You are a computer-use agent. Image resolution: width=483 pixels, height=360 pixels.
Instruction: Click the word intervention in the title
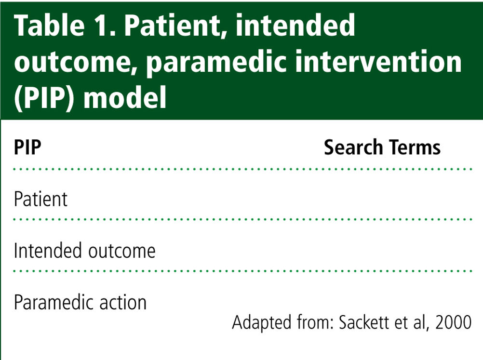point(378,61)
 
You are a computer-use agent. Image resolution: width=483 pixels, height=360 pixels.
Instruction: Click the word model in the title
point(125,97)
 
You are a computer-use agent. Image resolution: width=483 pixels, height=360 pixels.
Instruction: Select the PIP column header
point(27,147)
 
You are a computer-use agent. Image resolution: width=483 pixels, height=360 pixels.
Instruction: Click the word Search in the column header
point(353,147)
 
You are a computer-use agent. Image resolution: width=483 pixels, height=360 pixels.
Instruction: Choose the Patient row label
point(40,199)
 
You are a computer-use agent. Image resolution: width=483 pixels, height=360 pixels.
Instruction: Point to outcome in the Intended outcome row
point(122,251)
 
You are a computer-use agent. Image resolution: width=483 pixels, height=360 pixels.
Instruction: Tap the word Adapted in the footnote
point(262,323)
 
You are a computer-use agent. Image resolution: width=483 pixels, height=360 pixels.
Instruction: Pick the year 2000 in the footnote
point(453,322)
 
